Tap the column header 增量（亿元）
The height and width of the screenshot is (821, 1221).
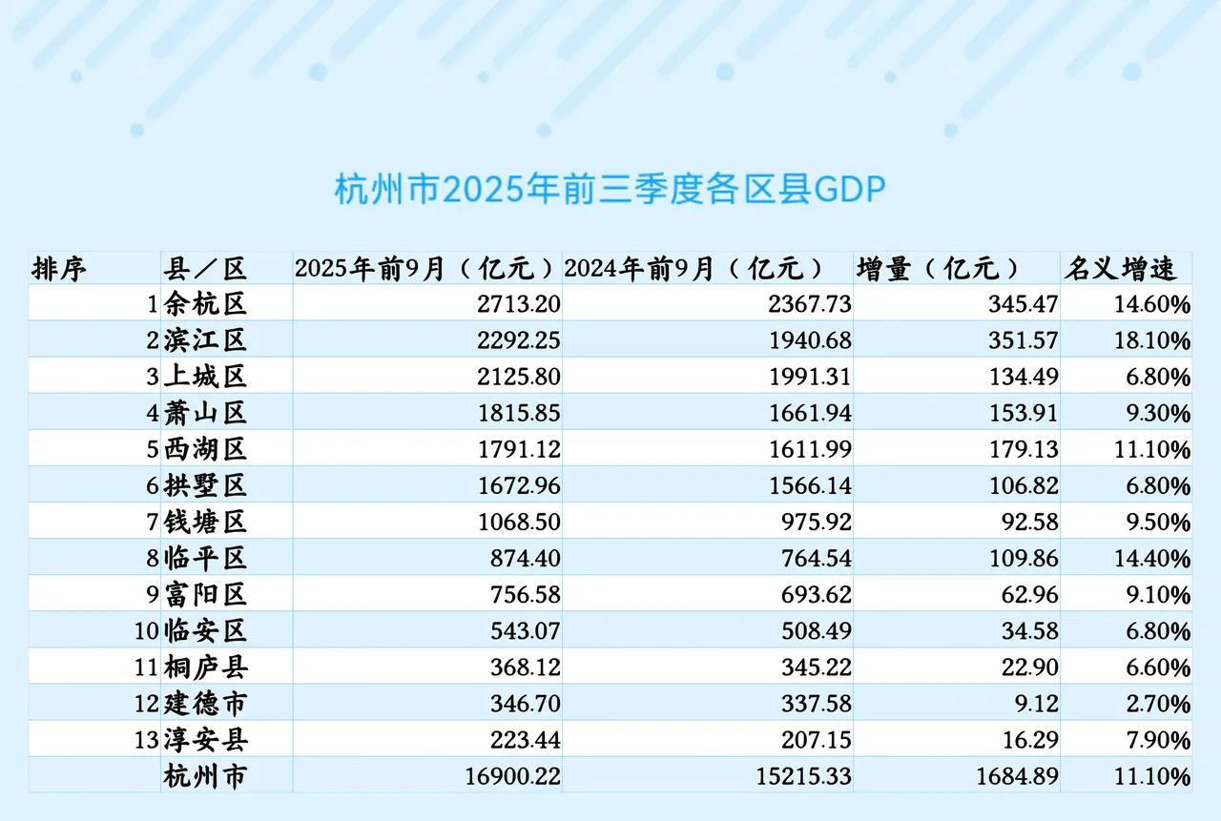(x=938, y=268)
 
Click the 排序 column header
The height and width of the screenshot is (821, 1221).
(x=59, y=268)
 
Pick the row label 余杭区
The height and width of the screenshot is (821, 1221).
(x=205, y=305)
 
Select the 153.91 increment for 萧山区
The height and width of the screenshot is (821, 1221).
(x=1024, y=414)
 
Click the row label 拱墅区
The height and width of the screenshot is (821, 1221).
(x=205, y=486)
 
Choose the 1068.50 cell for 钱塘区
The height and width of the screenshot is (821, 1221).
(x=517, y=523)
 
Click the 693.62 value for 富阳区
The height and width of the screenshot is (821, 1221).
(x=809, y=595)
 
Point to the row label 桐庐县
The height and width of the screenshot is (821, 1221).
(x=205, y=667)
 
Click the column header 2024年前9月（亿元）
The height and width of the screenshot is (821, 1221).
(x=693, y=268)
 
